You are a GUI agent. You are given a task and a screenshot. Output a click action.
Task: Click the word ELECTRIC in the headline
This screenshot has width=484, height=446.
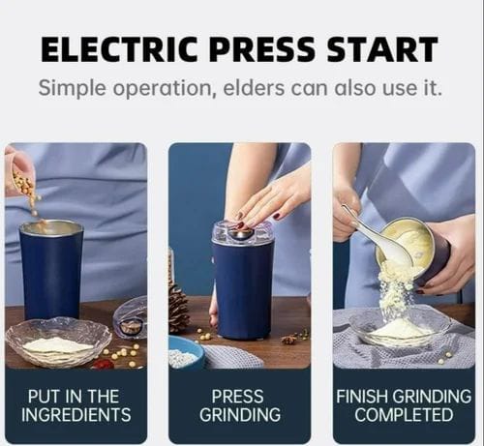pyautogui.click(x=119, y=49)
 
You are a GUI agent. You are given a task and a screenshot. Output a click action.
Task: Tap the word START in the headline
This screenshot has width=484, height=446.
pyautogui.click(x=382, y=49)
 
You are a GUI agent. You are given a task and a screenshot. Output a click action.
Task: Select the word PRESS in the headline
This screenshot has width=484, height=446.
pyautogui.click(x=261, y=49)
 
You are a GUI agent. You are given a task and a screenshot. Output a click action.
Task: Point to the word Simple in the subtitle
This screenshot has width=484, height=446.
pyautogui.click(x=72, y=89)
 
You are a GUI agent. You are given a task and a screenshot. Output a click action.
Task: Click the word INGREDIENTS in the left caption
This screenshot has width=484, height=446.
pyautogui.click(x=76, y=415)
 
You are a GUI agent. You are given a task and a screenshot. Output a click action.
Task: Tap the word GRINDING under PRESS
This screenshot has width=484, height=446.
pyautogui.click(x=240, y=415)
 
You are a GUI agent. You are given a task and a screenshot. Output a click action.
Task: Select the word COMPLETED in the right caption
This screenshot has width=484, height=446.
pyautogui.click(x=404, y=415)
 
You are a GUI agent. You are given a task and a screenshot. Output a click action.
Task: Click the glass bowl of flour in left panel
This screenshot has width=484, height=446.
pyautogui.click(x=59, y=342)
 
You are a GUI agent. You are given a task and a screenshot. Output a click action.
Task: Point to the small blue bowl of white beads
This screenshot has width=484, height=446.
pyautogui.click(x=186, y=351)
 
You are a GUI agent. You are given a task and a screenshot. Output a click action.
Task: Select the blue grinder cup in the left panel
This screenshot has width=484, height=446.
pyautogui.click(x=51, y=270)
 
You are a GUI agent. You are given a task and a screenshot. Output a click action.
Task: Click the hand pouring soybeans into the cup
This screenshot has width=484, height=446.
pyautogui.click(x=18, y=171)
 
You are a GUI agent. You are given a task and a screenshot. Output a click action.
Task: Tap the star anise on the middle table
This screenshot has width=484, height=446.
pyautogui.click(x=288, y=340)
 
